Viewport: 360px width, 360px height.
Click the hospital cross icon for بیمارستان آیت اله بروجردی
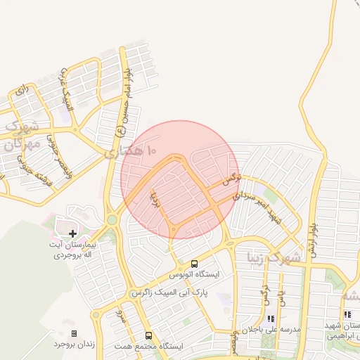(72, 233)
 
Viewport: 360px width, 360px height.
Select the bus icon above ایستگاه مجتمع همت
(148, 335)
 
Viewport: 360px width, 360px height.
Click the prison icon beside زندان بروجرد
(75, 333)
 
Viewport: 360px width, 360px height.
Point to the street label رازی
(22, 90)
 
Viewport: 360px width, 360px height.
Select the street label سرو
(120, 319)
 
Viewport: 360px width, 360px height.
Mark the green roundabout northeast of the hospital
(112, 220)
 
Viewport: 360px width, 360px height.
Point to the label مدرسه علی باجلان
(271, 329)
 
